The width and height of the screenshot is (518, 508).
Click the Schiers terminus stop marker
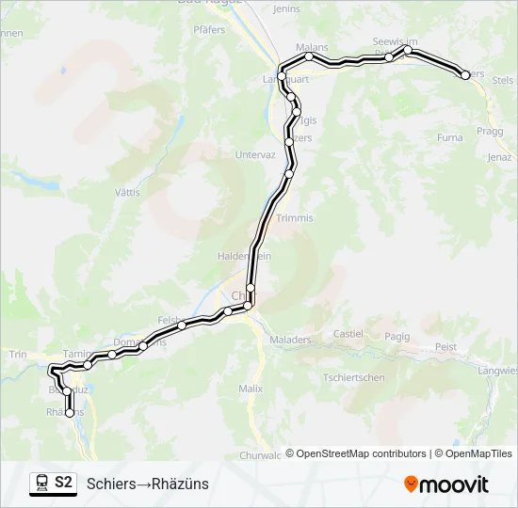(x=465, y=74)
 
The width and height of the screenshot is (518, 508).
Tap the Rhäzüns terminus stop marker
(x=69, y=413)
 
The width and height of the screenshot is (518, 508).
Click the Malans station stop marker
(x=309, y=56)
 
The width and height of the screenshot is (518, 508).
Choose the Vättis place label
(x=126, y=192)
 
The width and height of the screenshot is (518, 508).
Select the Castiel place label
(x=348, y=334)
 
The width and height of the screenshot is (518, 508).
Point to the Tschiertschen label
(x=353, y=377)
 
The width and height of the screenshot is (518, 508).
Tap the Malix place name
(x=251, y=387)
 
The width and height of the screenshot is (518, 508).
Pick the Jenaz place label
(x=499, y=157)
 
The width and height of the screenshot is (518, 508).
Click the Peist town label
(x=445, y=346)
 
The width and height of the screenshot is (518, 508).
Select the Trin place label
(x=17, y=354)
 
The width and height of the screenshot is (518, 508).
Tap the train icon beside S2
(x=41, y=483)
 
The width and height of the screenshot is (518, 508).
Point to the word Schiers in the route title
(x=109, y=484)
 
